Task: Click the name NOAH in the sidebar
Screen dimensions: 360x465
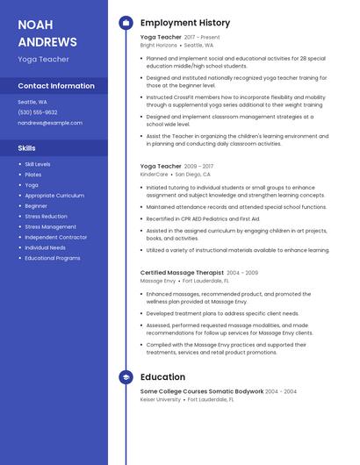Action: click(x=36, y=24)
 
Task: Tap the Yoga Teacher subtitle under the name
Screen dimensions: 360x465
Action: click(x=43, y=60)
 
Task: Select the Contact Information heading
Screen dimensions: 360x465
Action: click(x=56, y=86)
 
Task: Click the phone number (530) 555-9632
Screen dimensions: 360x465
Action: click(x=37, y=112)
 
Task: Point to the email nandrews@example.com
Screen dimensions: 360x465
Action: click(x=50, y=123)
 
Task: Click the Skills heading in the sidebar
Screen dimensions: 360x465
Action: click(x=27, y=148)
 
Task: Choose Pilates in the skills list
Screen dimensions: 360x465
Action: click(x=33, y=175)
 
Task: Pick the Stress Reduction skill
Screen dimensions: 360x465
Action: click(x=46, y=216)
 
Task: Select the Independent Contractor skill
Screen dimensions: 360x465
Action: click(x=56, y=237)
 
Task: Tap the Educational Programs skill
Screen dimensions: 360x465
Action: click(x=53, y=258)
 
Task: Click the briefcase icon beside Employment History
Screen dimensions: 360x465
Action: click(x=126, y=23)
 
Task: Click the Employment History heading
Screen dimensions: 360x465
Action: click(x=185, y=23)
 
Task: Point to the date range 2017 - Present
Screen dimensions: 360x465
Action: click(x=203, y=38)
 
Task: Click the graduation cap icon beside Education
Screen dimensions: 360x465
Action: click(x=126, y=377)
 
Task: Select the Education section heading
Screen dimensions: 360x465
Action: click(x=162, y=377)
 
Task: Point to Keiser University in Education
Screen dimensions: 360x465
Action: click(x=161, y=399)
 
